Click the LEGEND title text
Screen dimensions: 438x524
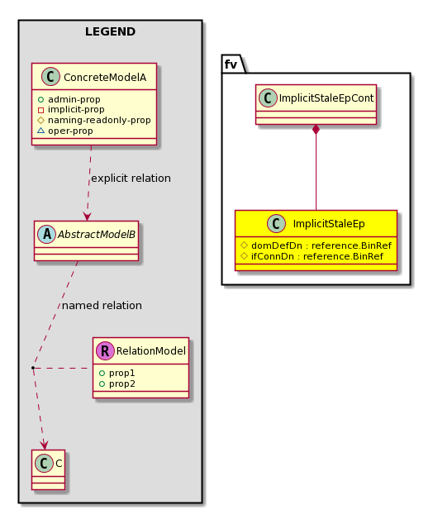point(110,31)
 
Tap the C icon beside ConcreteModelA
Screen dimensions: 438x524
point(50,77)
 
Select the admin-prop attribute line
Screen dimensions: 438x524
point(69,99)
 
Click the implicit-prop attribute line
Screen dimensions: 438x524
point(71,109)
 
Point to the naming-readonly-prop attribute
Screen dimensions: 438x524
point(94,120)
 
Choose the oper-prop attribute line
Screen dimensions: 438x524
point(65,131)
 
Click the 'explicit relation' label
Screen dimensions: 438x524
point(131,179)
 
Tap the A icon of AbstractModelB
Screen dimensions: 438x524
point(47,234)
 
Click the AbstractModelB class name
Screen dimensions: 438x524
point(97,234)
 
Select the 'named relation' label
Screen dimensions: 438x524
point(102,306)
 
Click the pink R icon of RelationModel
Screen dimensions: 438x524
point(105,350)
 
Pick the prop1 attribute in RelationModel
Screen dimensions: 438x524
point(117,373)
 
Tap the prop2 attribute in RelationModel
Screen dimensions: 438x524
point(117,383)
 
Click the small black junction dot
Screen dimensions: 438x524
point(33,368)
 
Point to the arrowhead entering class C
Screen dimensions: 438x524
point(44,445)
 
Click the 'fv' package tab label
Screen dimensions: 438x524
point(231,64)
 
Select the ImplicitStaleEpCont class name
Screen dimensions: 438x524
point(326,98)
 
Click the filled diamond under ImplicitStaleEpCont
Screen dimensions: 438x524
point(316,130)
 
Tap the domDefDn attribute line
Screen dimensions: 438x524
point(316,245)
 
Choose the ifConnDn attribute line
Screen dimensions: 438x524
point(312,256)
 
